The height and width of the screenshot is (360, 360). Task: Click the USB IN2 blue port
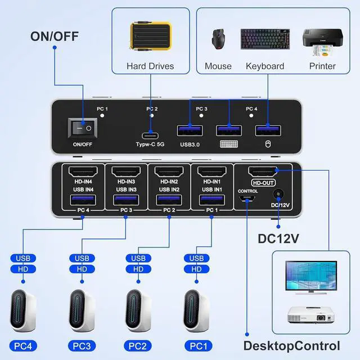[169, 200]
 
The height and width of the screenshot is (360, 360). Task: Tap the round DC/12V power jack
[277, 195]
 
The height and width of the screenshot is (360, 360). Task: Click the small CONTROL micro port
[247, 199]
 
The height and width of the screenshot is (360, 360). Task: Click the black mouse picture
[217, 39]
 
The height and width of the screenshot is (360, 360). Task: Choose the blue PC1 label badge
[196, 345]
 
